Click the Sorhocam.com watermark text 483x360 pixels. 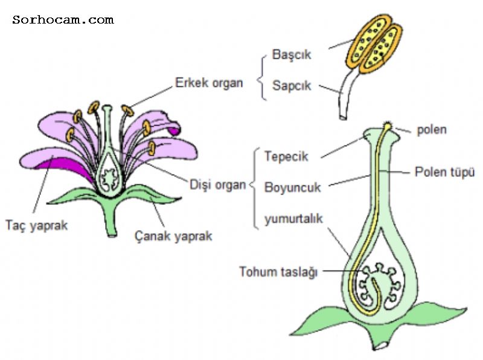tap(63, 20)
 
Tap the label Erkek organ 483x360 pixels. tap(209, 82)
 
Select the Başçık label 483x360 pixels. tap(291, 54)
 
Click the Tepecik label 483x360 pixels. tap(286, 156)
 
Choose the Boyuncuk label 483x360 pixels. tap(292, 187)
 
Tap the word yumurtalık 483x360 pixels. tap(294, 219)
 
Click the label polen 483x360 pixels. tap(432, 129)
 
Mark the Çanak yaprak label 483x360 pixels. tap(173, 236)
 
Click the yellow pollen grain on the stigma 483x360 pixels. tap(387, 126)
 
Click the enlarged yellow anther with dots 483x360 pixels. tap(369, 47)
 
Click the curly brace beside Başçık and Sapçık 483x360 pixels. tap(261, 70)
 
